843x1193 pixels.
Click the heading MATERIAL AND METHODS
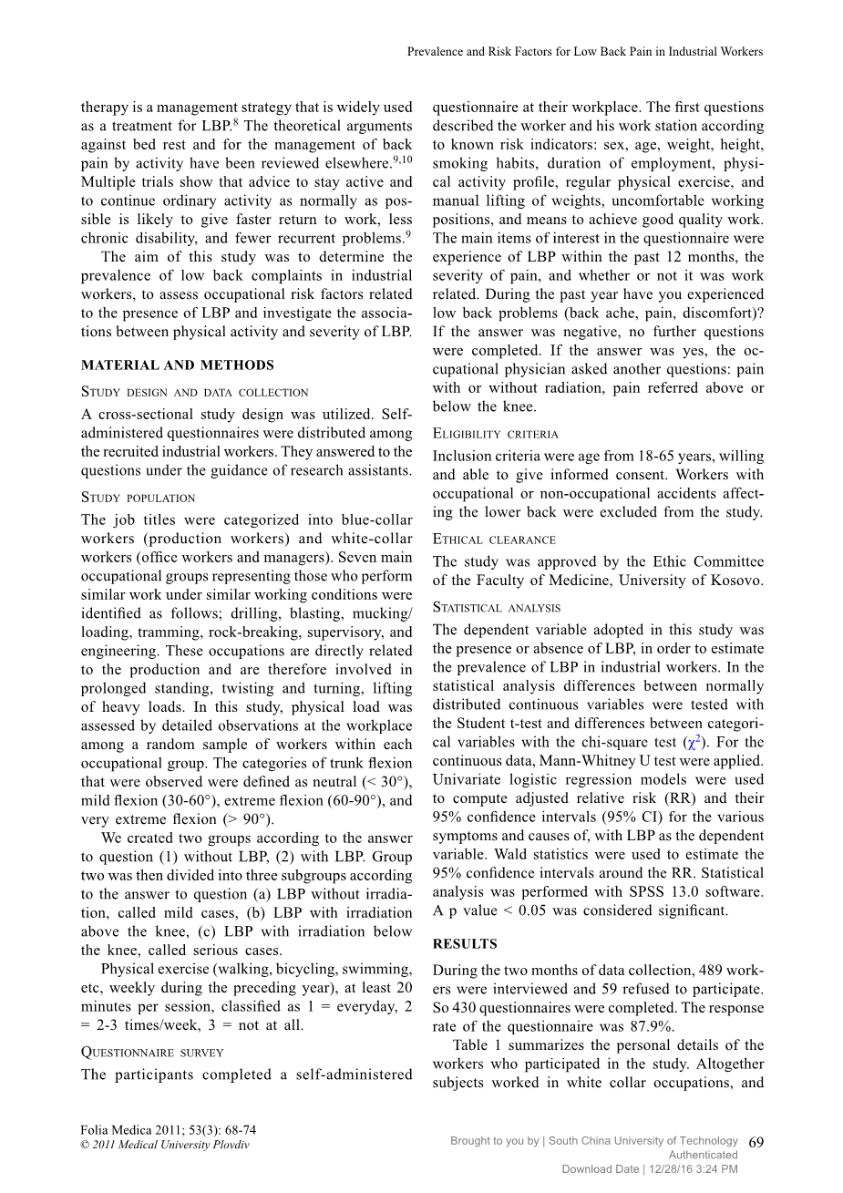click(x=177, y=365)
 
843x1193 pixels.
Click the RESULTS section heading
click(x=465, y=944)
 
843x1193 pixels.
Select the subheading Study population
click(x=138, y=498)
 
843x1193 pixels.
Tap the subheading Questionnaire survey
click(x=152, y=1052)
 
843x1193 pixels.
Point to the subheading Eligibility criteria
click(x=495, y=434)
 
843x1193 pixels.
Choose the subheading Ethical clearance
click(x=494, y=540)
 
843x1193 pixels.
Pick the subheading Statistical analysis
click(x=497, y=607)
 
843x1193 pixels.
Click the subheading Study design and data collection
click(x=194, y=392)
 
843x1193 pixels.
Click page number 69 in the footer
click(x=756, y=1142)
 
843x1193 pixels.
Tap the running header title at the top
click(x=584, y=52)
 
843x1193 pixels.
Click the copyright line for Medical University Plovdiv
click(x=164, y=1145)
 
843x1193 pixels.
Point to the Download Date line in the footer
click(x=649, y=1169)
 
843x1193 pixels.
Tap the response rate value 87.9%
click(x=653, y=1026)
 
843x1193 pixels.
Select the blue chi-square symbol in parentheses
click(x=692, y=742)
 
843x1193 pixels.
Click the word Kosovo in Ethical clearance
click(x=735, y=581)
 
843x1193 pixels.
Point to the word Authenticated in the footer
click(x=703, y=1155)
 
